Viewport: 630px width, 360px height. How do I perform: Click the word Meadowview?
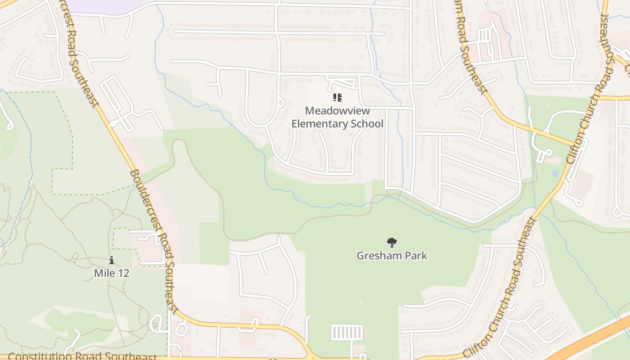[x=337, y=111]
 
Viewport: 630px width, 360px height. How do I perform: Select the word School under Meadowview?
[x=367, y=124]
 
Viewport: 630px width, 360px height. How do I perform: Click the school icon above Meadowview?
[x=337, y=98]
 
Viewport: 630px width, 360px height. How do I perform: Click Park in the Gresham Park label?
[x=415, y=256]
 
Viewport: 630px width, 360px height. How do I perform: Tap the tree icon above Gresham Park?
[x=392, y=243]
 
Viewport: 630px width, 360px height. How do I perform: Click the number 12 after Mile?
[x=122, y=273]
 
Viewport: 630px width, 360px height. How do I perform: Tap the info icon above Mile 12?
[x=112, y=260]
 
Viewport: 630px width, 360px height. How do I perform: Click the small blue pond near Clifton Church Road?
[x=555, y=173]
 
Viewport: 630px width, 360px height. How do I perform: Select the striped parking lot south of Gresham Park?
[x=347, y=333]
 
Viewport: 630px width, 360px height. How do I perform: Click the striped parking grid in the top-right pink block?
[x=486, y=35]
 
